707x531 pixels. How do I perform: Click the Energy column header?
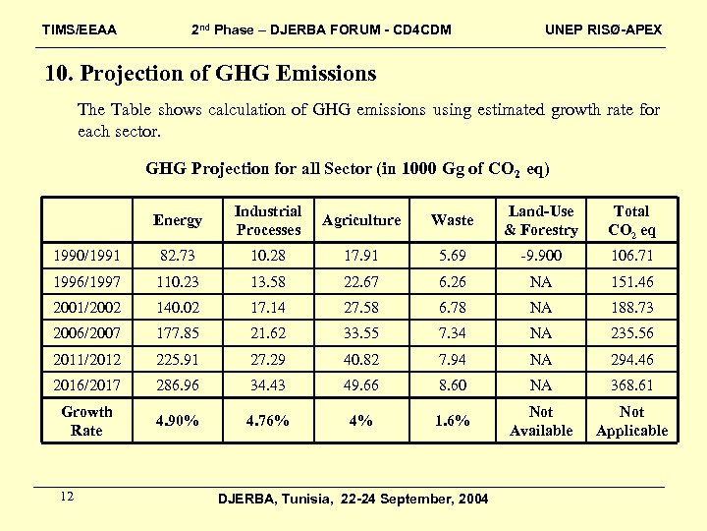click(178, 220)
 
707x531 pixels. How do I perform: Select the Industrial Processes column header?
click(268, 220)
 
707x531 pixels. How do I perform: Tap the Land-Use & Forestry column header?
click(541, 220)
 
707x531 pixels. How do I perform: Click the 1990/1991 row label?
click(87, 257)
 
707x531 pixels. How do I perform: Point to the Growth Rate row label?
click(87, 421)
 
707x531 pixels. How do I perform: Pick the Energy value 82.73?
click(178, 257)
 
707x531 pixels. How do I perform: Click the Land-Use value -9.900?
click(541, 257)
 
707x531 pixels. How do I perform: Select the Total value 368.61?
click(631, 385)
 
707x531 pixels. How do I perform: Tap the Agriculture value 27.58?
click(361, 308)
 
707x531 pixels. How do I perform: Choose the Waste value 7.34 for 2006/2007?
click(452, 333)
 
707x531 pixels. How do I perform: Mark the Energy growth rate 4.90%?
click(178, 421)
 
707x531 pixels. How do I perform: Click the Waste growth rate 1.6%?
click(452, 421)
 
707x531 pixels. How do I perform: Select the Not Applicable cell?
click(631, 421)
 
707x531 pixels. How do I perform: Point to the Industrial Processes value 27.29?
click(268, 360)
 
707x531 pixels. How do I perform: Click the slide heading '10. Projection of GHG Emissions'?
click(211, 74)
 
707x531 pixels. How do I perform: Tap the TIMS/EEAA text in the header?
click(80, 29)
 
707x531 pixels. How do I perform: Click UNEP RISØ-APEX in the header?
click(603, 29)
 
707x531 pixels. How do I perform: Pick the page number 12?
click(67, 497)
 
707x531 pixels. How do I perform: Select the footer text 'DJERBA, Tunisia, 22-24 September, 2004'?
click(353, 500)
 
